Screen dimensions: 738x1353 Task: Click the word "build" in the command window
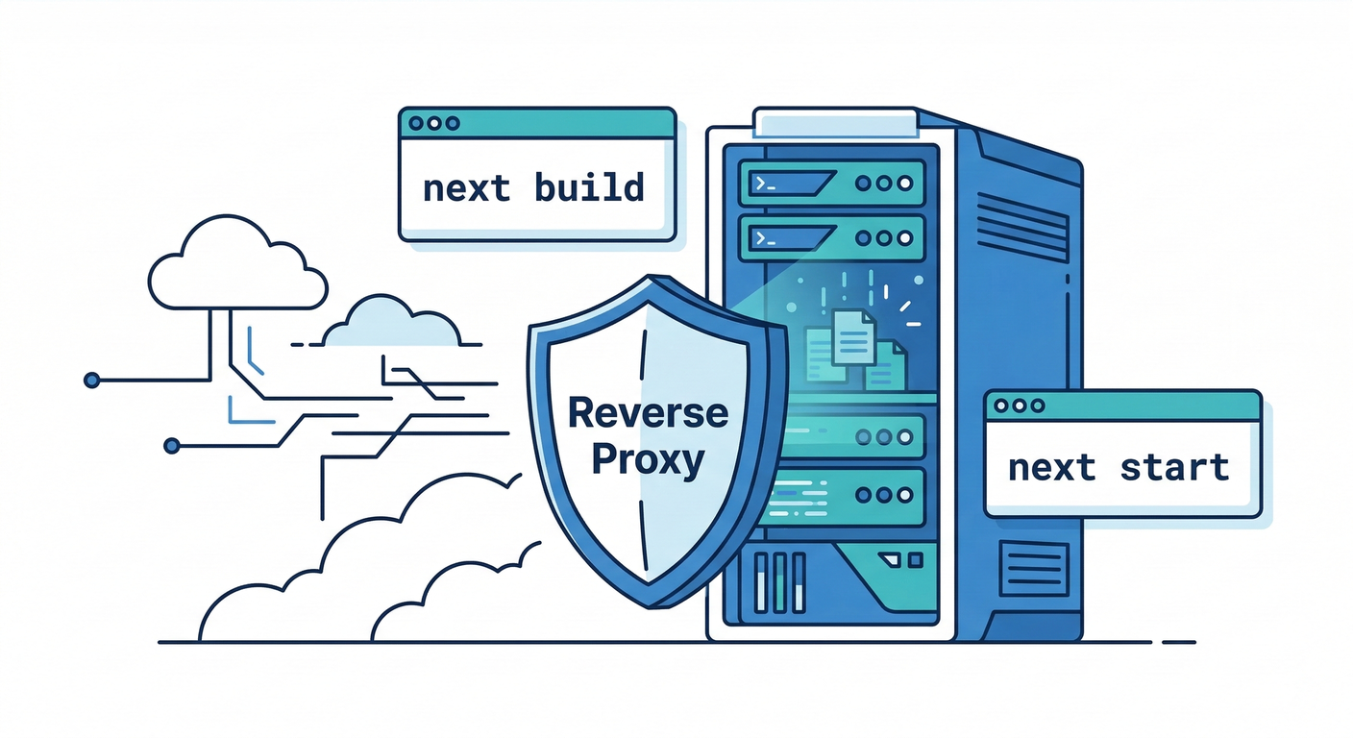[589, 186]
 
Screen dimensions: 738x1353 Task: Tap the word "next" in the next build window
[467, 187]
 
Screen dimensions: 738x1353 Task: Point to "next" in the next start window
[1051, 469]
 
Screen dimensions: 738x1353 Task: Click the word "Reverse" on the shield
[648, 413]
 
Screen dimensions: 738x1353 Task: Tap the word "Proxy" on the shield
[648, 460]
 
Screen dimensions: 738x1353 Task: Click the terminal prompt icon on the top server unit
[764, 182]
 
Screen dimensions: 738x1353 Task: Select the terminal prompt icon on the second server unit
[764, 236]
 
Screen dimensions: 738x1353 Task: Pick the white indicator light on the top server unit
[904, 183]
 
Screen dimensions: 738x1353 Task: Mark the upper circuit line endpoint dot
[92, 381]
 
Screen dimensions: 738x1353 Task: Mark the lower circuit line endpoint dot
[172, 445]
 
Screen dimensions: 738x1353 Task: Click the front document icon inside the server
[851, 336]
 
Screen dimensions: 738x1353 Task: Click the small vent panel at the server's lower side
[1033, 568]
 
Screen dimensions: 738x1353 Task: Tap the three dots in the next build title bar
[429, 124]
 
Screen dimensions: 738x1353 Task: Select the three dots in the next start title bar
[1015, 406]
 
